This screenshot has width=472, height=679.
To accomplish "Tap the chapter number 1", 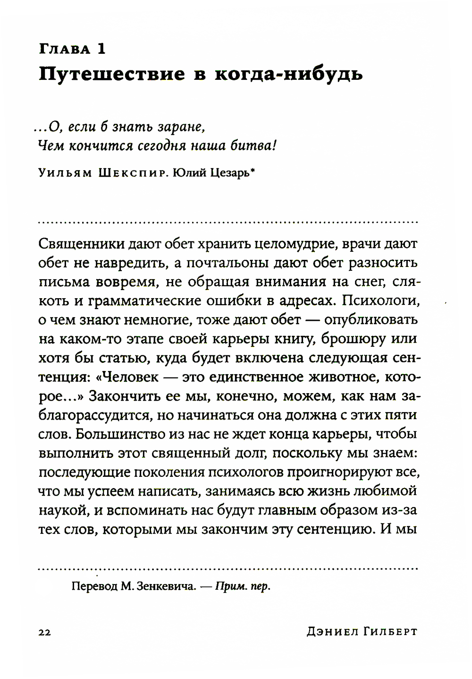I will [x=101, y=49].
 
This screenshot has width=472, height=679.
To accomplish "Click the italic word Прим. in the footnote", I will [x=232, y=587].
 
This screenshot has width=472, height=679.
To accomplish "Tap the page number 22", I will [x=43, y=632].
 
